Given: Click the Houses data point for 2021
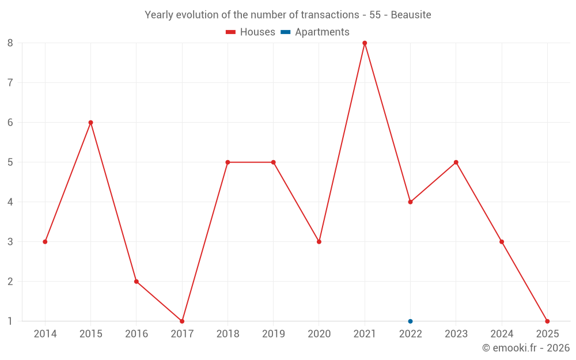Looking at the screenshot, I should (x=365, y=43).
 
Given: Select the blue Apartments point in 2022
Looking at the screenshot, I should (x=410, y=321).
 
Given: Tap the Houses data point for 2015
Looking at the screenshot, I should (x=90, y=122).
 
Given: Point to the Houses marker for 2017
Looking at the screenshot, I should (x=182, y=321).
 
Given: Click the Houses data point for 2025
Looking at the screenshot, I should (x=547, y=321).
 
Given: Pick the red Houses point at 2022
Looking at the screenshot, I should (x=410, y=202).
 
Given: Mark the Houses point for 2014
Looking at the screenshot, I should (x=45, y=241).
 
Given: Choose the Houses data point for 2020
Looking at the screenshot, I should (x=319, y=241).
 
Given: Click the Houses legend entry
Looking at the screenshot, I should (x=251, y=32).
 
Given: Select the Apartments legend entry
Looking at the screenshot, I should (x=315, y=32).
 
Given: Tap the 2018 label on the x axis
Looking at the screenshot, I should (x=228, y=334).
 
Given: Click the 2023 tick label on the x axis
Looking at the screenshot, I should (x=456, y=334).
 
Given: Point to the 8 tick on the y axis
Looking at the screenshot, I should (x=10, y=43).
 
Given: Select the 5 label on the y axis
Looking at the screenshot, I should (x=10, y=162).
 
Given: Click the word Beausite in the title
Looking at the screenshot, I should (x=411, y=15).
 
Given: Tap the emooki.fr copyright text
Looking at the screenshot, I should (x=526, y=347).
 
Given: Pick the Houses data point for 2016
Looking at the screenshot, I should (x=137, y=281).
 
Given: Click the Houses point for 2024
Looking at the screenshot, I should (x=502, y=241).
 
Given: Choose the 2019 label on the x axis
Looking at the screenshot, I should (x=273, y=334).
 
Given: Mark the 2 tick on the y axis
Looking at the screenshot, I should (x=10, y=281).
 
